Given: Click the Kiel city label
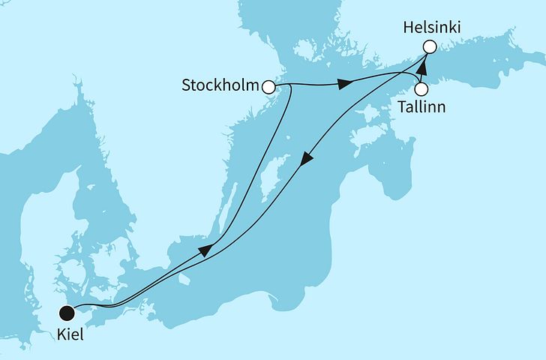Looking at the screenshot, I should click(x=70, y=336).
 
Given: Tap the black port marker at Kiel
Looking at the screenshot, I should click(x=68, y=313).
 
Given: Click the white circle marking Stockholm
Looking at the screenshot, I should click(x=268, y=87).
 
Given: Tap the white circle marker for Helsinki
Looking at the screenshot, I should click(x=429, y=47).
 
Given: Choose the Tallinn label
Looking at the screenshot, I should click(x=422, y=107).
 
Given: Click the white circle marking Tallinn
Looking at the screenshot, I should click(x=421, y=88).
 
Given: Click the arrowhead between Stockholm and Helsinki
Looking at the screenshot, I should click(x=343, y=83).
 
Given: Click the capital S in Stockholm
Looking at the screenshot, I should click(x=187, y=85).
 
